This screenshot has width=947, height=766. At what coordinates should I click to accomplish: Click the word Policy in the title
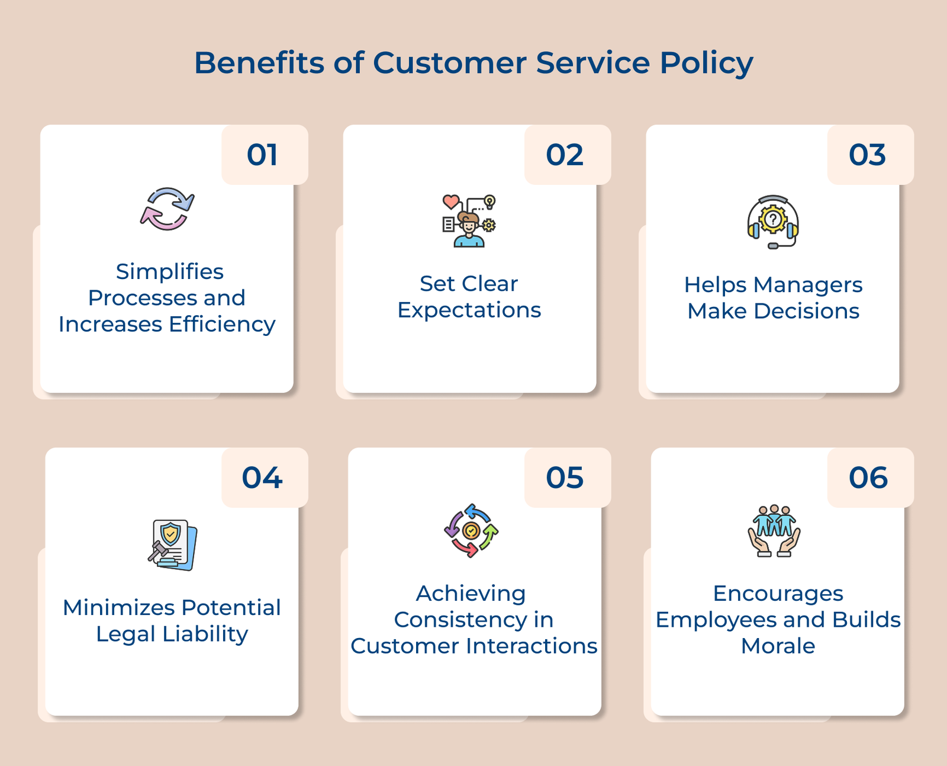(x=706, y=63)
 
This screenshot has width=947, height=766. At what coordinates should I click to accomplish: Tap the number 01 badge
(x=263, y=155)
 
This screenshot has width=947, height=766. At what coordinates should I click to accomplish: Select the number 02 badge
(x=565, y=155)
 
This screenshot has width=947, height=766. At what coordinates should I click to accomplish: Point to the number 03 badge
(x=868, y=155)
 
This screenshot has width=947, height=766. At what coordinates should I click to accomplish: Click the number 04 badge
(x=263, y=478)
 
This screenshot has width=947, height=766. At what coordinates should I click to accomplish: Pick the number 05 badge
(x=565, y=478)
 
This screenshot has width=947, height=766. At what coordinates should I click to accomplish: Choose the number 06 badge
(x=868, y=478)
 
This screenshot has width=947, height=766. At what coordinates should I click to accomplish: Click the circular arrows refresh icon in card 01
(x=168, y=209)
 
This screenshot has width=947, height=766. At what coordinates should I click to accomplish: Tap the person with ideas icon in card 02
(x=469, y=221)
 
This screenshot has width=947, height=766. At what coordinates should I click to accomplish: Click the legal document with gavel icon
(x=172, y=545)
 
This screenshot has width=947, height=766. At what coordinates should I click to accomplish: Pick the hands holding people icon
(x=774, y=531)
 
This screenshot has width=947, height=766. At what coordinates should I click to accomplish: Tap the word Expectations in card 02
(x=469, y=310)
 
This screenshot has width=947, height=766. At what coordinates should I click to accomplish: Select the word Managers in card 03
(x=808, y=285)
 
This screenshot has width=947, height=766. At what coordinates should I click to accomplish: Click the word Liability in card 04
(x=205, y=634)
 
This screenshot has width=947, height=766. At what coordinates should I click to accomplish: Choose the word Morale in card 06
(x=778, y=646)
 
